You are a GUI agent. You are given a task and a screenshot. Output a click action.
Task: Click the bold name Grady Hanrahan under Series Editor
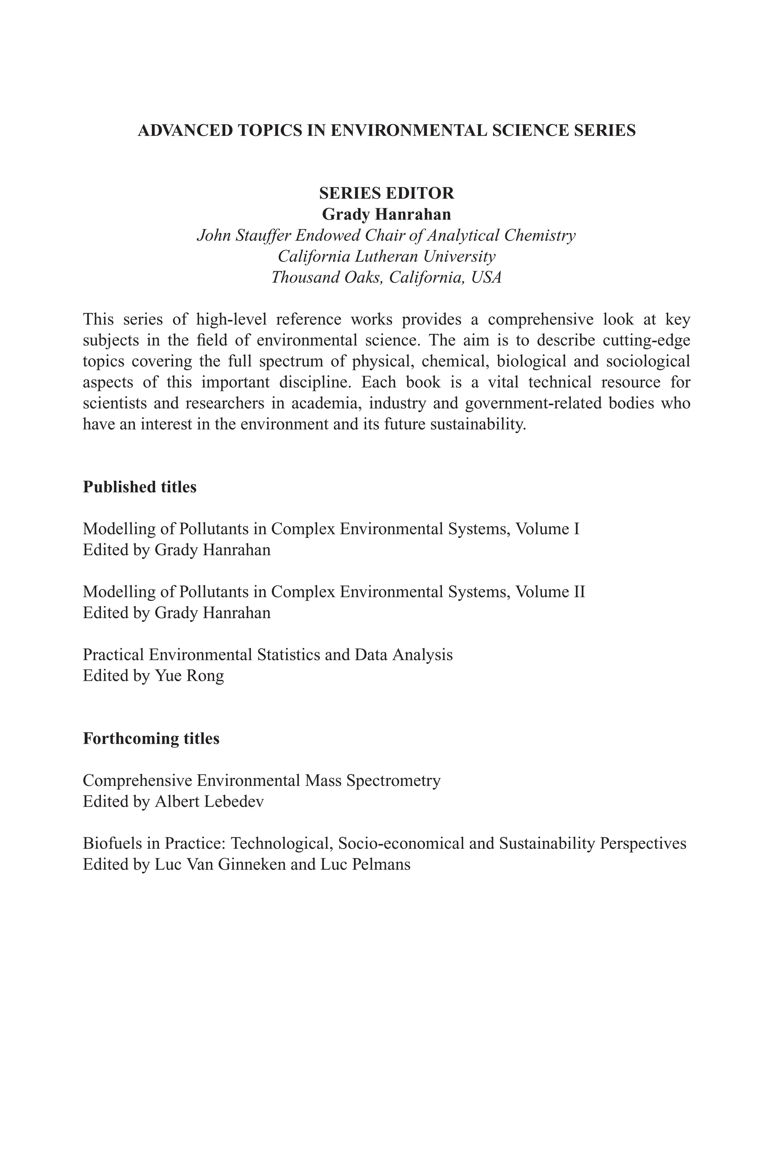tap(386, 215)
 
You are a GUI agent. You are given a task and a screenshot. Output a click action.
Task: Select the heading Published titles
tap(139, 487)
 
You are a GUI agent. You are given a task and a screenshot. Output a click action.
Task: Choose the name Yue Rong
tap(189, 676)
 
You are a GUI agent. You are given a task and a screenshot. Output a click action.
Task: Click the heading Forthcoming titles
tap(151, 739)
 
